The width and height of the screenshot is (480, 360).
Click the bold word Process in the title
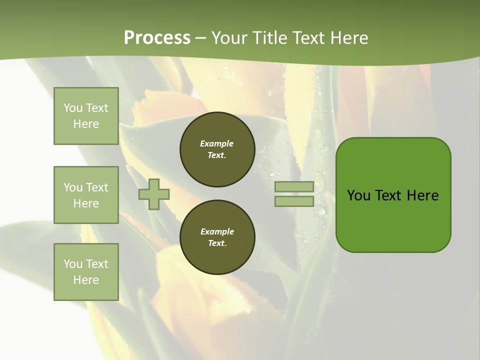tap(157, 38)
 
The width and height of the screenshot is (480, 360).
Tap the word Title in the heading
tap(268, 38)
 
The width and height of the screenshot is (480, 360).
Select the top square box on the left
tap(86, 116)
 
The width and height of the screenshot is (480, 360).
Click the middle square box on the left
tap(86, 195)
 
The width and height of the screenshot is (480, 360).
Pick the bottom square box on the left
tap(86, 271)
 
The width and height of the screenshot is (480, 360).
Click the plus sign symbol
tap(153, 194)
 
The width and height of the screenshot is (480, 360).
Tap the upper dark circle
tap(217, 149)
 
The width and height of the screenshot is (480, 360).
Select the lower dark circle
tap(217, 237)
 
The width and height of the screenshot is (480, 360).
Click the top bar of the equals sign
tap(294, 186)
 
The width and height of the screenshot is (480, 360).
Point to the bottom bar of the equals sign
tap(294, 201)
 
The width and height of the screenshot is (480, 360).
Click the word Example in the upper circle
tap(217, 143)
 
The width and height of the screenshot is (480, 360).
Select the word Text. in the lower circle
tap(217, 243)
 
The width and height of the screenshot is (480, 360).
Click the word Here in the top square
tap(86, 124)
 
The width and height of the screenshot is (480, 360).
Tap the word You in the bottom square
tap(73, 263)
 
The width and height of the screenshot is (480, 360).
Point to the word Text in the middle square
tap(97, 187)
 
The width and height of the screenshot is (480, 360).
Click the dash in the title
tap(201, 38)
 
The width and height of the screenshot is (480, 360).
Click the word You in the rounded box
tap(358, 195)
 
